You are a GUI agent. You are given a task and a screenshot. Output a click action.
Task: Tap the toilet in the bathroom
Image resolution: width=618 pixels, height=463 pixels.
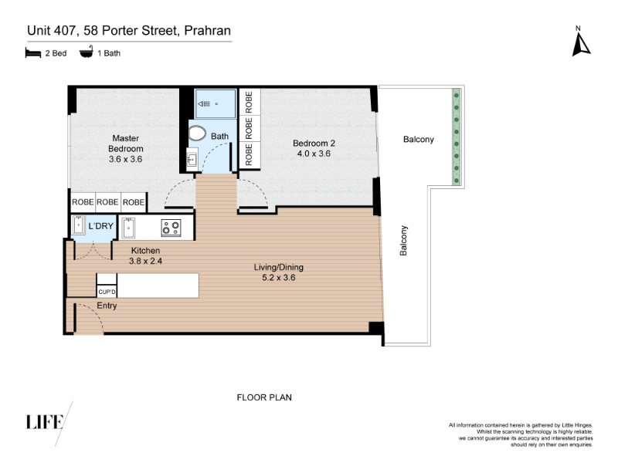point(197,133)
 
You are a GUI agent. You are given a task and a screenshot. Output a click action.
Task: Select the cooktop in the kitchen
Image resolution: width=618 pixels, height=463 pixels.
point(171,228)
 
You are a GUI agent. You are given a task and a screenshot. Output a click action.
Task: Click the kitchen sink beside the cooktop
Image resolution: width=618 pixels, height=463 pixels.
point(128,228)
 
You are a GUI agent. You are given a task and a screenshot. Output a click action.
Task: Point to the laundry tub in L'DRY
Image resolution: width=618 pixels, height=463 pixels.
point(79,225)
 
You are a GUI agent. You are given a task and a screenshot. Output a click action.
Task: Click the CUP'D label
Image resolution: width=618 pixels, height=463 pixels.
point(107,292)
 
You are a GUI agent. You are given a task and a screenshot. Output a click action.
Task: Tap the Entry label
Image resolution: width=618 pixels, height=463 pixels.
point(107,306)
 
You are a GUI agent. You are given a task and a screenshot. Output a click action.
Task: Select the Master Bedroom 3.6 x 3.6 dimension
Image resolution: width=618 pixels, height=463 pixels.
point(125,159)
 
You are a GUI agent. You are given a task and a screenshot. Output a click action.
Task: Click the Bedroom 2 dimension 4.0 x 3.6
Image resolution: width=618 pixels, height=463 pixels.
point(314,154)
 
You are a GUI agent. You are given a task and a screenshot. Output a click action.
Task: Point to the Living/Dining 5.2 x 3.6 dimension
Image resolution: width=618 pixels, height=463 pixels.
point(279,278)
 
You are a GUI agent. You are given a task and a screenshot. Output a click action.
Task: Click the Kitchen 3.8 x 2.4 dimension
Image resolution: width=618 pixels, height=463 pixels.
point(145,261)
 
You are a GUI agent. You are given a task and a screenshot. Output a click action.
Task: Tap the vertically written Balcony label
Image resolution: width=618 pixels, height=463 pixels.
point(403,241)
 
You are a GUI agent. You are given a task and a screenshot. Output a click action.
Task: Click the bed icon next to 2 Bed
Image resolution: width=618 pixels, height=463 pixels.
point(33,52)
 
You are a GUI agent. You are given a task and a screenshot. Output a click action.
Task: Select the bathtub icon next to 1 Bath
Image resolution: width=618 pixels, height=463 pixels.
point(87,52)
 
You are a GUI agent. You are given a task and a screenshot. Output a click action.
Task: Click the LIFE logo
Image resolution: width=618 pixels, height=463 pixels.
point(45,422)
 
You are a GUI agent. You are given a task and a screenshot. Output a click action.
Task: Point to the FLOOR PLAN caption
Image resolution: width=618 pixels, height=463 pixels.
point(264,397)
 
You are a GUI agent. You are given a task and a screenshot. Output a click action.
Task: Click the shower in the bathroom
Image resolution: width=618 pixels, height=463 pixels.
point(216,103)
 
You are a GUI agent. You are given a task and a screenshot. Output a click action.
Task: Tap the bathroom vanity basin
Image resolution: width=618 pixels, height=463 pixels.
point(192,160)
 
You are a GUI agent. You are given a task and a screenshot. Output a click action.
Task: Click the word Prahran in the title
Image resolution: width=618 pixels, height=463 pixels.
point(207,31)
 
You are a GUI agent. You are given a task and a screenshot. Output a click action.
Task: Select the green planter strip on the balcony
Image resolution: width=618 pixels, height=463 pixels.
point(457,137)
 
